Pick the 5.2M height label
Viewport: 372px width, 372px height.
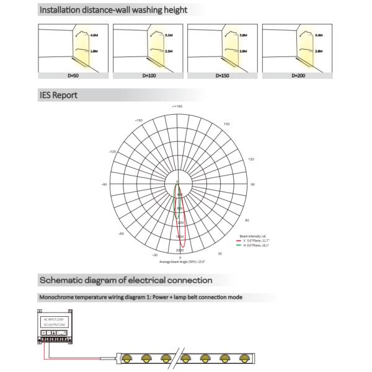coord(168,35)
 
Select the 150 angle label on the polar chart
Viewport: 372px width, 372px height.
coord(226,124)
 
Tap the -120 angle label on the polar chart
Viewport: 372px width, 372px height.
coord(113,151)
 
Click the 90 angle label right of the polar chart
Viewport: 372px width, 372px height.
coord(252,184)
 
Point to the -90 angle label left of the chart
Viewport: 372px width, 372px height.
coord(104,184)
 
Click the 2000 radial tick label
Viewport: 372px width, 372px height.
coord(179,250)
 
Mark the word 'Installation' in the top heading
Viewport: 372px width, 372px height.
coord(62,10)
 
